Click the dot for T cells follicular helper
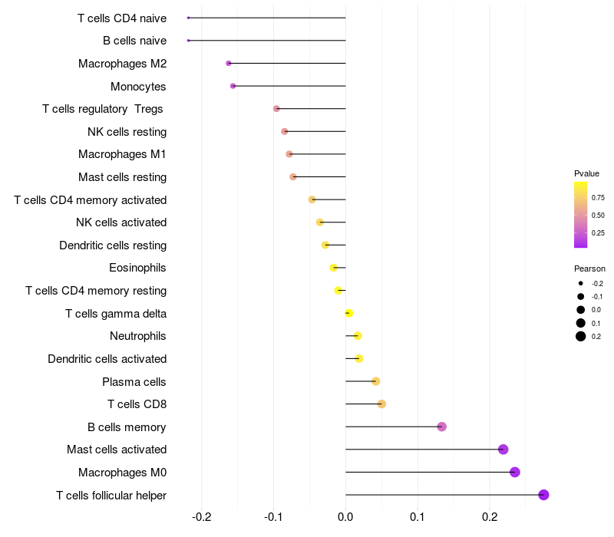click(543, 495)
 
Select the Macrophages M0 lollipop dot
click(515, 472)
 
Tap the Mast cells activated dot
click(503, 450)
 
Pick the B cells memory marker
click(441, 427)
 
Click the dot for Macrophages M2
click(229, 63)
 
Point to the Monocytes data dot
click(233, 86)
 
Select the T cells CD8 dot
click(381, 404)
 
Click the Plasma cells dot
click(375, 381)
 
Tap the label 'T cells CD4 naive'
click(122, 18)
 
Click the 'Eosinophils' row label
click(138, 268)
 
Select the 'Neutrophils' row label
click(138, 336)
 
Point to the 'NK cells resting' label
click(127, 132)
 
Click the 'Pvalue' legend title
click(587, 173)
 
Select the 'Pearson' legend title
click(589, 269)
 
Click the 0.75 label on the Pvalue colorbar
click(599, 197)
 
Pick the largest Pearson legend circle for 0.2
click(581, 336)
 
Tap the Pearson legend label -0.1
click(597, 297)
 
